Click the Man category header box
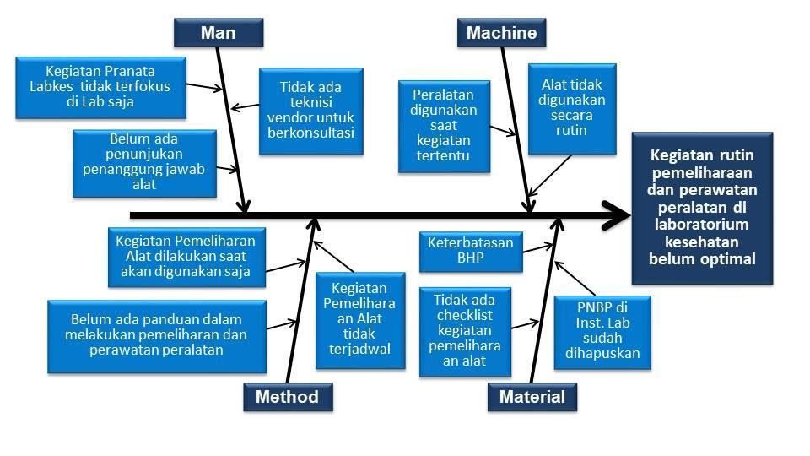218,33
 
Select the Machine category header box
501,33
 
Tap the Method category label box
287,397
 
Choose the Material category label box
532,397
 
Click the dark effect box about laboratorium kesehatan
702,208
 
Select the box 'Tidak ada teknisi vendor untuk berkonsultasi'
310,110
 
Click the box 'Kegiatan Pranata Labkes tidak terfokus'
100,86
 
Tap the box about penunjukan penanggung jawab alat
143,161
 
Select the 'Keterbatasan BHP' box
470,250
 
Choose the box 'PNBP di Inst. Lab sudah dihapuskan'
602,331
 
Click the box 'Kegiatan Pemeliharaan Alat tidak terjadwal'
354,319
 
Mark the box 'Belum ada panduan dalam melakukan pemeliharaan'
156,334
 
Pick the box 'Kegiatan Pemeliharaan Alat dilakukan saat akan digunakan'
185,256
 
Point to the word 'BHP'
470,258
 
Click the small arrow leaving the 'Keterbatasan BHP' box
538,248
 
